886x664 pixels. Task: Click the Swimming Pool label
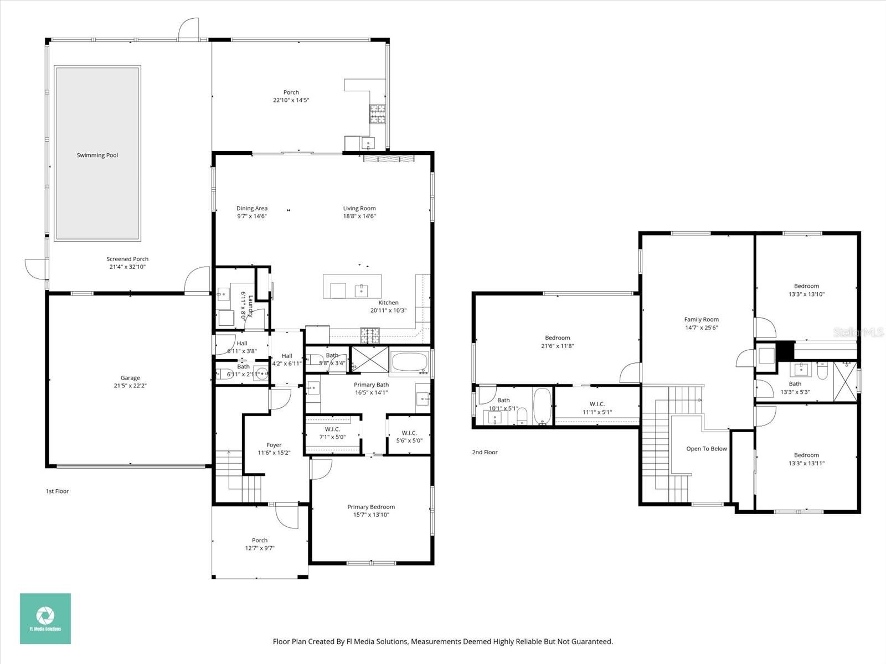(x=97, y=155)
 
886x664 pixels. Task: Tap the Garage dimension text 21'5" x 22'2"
(x=130, y=386)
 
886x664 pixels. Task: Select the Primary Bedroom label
(x=371, y=507)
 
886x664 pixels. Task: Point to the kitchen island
(x=352, y=286)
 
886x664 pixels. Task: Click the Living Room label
(x=359, y=209)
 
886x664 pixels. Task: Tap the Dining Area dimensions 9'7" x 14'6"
(x=252, y=216)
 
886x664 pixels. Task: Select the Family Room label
(x=701, y=319)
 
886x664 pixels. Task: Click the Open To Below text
(x=706, y=449)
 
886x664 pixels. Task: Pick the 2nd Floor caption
(x=485, y=452)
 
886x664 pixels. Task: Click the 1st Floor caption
(x=57, y=491)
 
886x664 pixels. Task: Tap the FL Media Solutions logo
(x=45, y=619)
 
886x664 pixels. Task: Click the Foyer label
(x=274, y=445)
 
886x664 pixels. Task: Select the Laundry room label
(x=250, y=305)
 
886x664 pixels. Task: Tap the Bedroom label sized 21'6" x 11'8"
(x=557, y=338)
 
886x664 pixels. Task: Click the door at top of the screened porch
(x=188, y=29)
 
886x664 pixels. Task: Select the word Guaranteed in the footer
(x=594, y=642)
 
